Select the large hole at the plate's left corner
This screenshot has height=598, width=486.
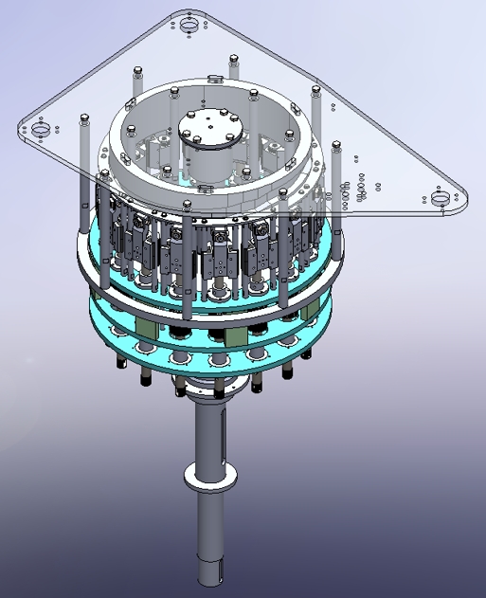click(x=41, y=128)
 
